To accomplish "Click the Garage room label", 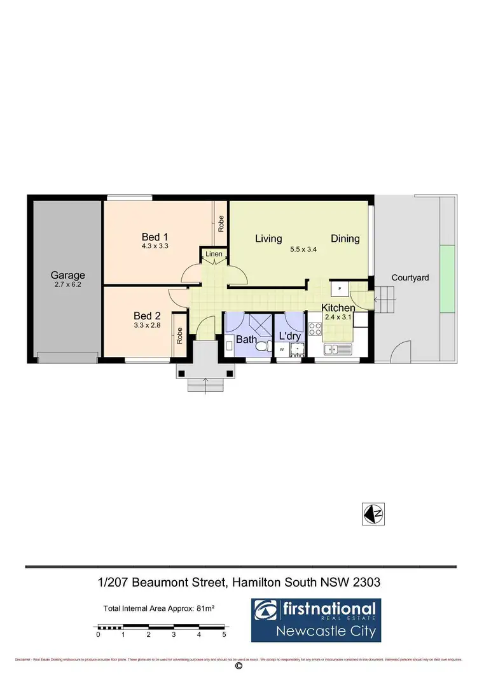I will (x=68, y=275).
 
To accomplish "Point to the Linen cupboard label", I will (x=214, y=255).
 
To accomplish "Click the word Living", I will (x=268, y=239).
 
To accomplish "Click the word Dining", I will (x=345, y=239).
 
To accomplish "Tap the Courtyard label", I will (x=410, y=277).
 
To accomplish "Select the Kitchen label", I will (x=338, y=308).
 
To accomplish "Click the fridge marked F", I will (x=340, y=289).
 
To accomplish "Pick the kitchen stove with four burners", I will (x=315, y=329).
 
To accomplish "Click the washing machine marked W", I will (x=281, y=349).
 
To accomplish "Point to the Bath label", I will (x=246, y=340).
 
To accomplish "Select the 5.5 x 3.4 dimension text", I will (x=304, y=249).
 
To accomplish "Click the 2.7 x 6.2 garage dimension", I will (x=68, y=286).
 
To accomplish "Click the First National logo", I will (x=314, y=619).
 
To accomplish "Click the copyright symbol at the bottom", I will (x=238, y=666).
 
